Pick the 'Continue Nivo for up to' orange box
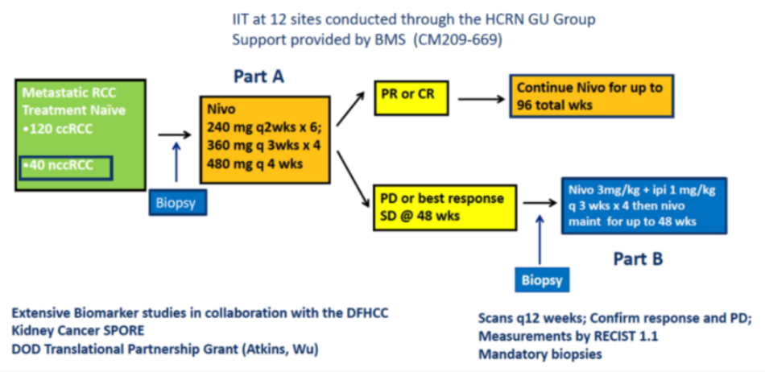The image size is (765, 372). [x=589, y=96]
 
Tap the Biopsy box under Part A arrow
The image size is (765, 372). [x=177, y=201]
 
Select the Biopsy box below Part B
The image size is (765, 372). [x=540, y=279]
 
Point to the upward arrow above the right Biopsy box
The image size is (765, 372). [x=540, y=246]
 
